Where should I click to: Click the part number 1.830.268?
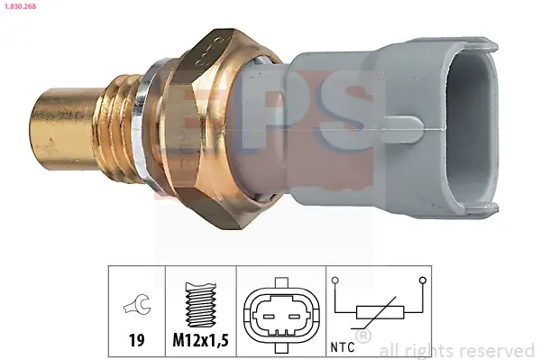coord(19,6)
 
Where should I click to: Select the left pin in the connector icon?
coord(268,316)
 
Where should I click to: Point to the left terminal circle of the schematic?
coord(335,282)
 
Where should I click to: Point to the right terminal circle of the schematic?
coord(421,282)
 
